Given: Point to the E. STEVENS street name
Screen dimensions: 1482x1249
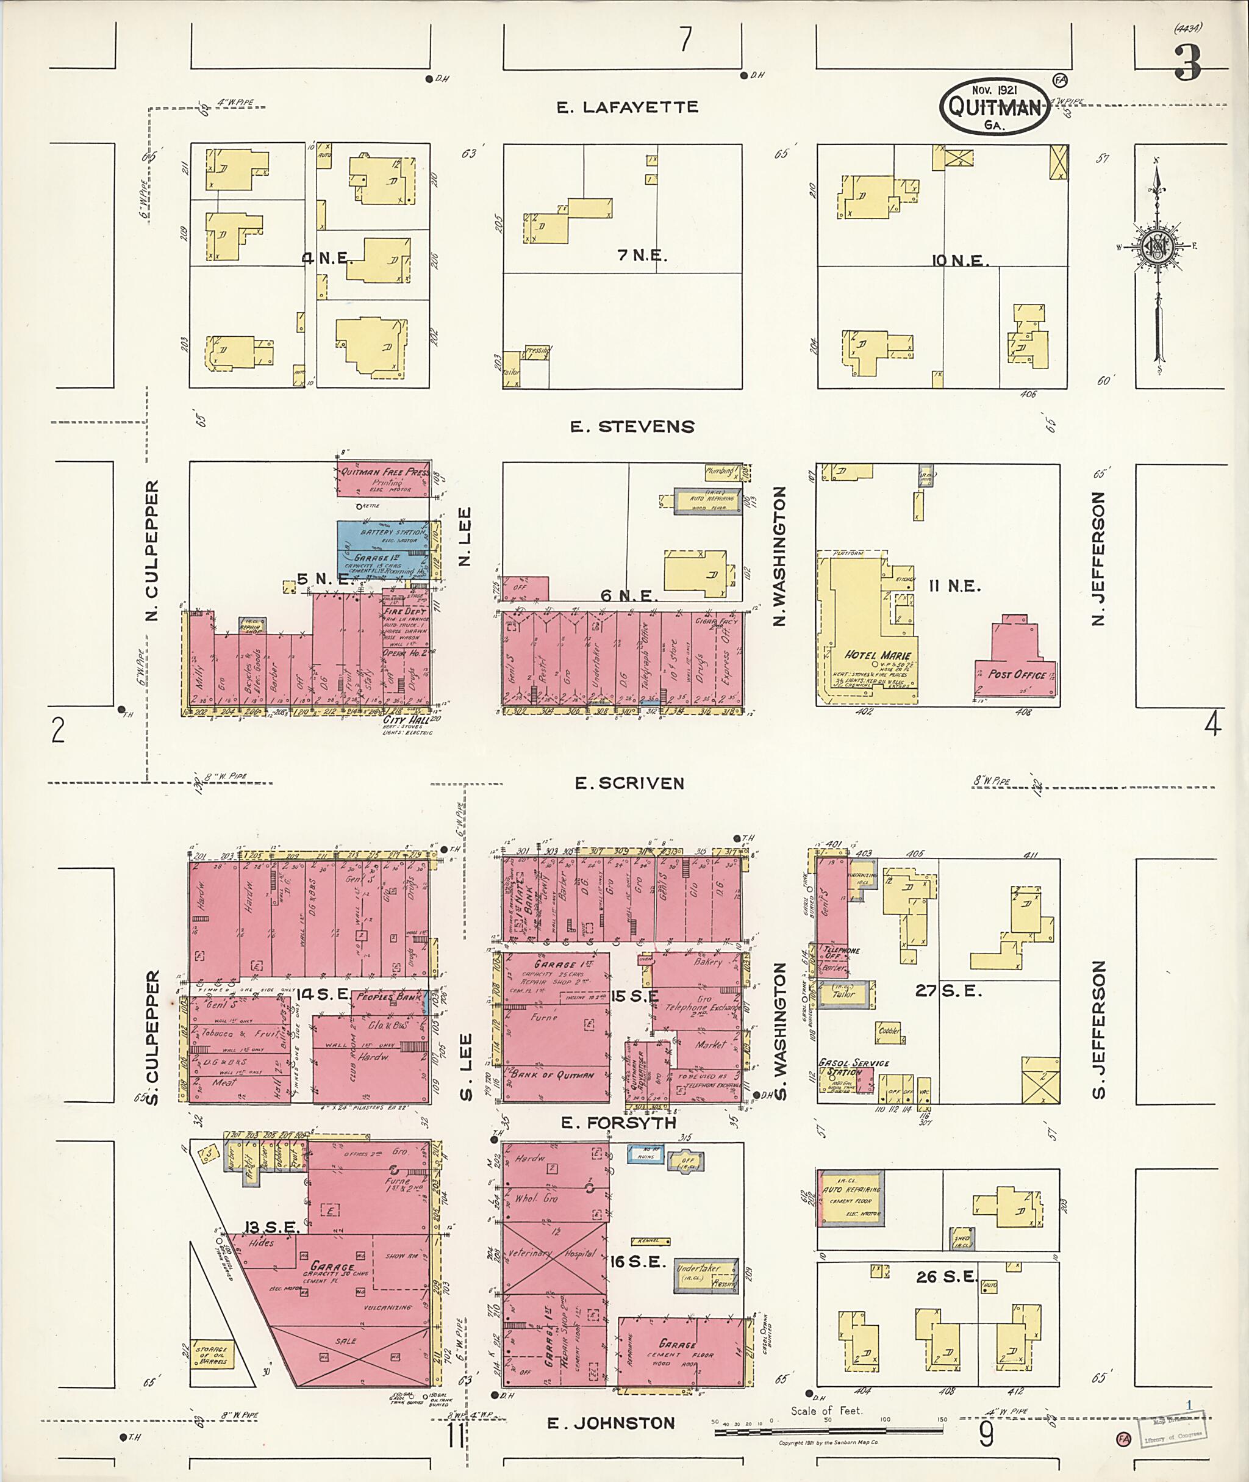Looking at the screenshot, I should pyautogui.click(x=632, y=426).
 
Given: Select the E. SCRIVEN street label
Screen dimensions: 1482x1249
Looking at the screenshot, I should pyautogui.click(x=629, y=783).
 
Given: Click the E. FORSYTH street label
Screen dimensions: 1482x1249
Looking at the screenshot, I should pyautogui.click(x=618, y=1123).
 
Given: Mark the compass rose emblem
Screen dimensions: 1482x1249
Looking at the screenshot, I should pyautogui.click(x=1157, y=246).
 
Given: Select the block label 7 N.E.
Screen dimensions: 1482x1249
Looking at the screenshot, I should pyautogui.click(x=642, y=255).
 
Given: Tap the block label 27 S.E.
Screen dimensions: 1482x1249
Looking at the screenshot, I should pyautogui.click(x=948, y=991).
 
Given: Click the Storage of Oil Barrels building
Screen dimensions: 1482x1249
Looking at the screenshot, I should pyautogui.click(x=212, y=1355).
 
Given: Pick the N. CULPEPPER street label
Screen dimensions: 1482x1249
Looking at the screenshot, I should pyautogui.click(x=152, y=550).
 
